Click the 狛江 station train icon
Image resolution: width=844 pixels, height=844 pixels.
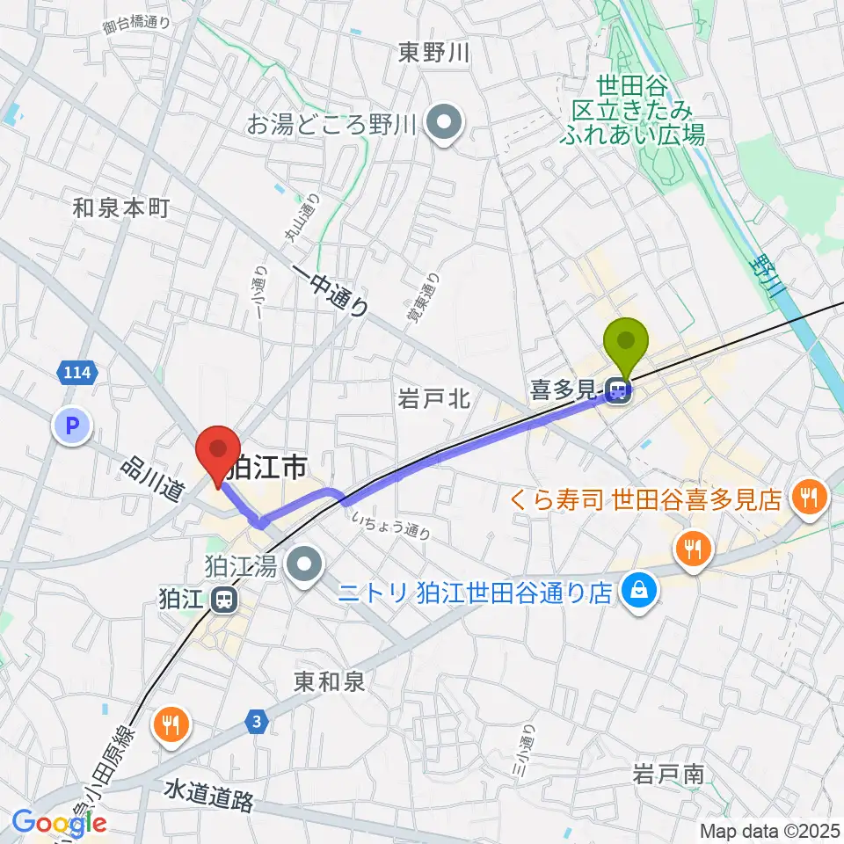tap(224, 600)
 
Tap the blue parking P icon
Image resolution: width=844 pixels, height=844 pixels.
tap(72, 427)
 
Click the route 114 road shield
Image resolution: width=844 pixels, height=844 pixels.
tap(76, 373)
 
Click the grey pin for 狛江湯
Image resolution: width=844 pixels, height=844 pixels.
tap(305, 565)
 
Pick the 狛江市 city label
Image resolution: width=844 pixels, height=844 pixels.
tap(266, 467)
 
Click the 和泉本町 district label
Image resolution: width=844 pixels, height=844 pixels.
tap(120, 208)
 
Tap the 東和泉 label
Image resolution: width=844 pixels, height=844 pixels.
tap(329, 680)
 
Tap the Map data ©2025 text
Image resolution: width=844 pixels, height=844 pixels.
tap(768, 830)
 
